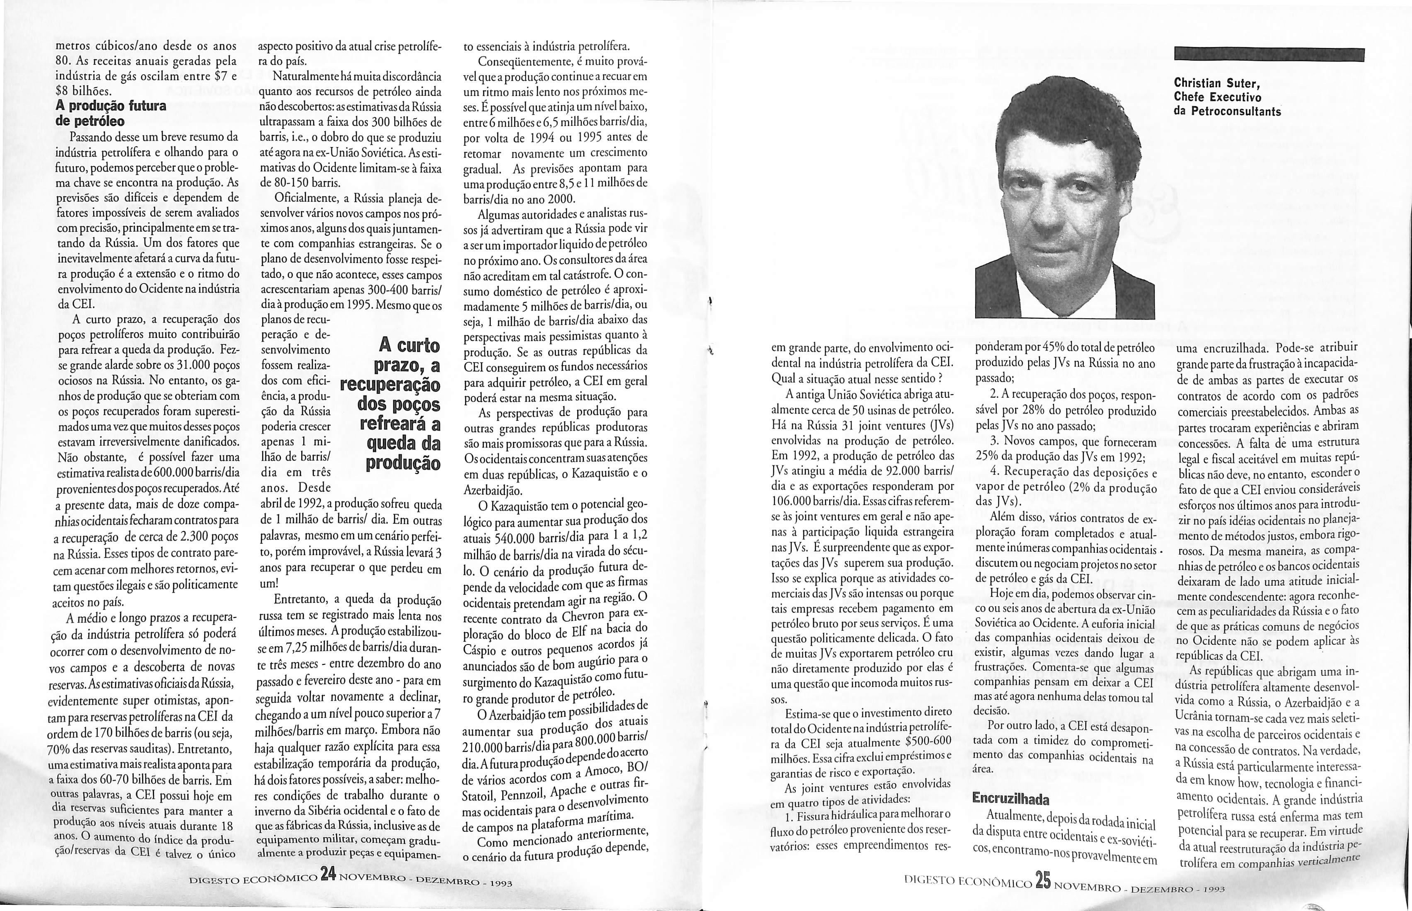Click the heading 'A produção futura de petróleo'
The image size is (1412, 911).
tap(111, 114)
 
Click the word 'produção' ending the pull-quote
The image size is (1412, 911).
tap(403, 463)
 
